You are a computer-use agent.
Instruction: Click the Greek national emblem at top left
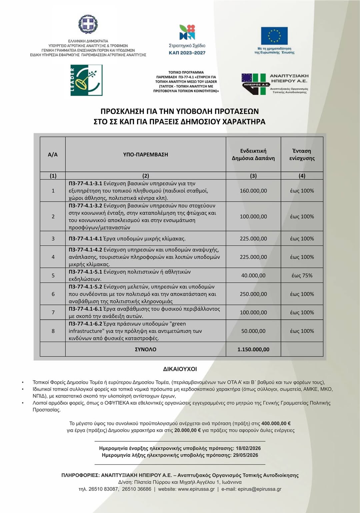pos(88,24)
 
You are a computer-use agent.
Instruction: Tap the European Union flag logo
pos(274,36)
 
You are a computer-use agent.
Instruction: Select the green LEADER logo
pos(86,80)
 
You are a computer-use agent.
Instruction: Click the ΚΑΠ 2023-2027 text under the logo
pos(187,53)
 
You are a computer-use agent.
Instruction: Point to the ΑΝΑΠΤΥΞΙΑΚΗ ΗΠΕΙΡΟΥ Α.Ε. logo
pos(275,84)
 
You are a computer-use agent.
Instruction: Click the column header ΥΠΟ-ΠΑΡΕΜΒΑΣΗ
pos(146,155)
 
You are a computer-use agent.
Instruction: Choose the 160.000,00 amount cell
pos(253,191)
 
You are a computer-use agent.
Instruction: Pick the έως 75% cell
pos(302,276)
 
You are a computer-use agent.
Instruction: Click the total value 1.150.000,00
pos(253,349)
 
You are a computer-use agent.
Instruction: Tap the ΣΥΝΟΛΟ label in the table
pos(146,349)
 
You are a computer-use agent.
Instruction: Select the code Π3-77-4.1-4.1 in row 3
pos(85,239)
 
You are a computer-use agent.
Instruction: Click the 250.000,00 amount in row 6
pos(253,294)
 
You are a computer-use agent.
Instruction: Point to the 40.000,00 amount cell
pos(253,276)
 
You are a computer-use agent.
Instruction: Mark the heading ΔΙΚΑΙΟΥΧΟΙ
pos(180,369)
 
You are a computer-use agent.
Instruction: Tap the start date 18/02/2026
pos(248,448)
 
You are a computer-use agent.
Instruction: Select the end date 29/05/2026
pos(246,455)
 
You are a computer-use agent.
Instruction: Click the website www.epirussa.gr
pos(196,489)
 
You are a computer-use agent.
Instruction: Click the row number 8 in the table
pos(53,331)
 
